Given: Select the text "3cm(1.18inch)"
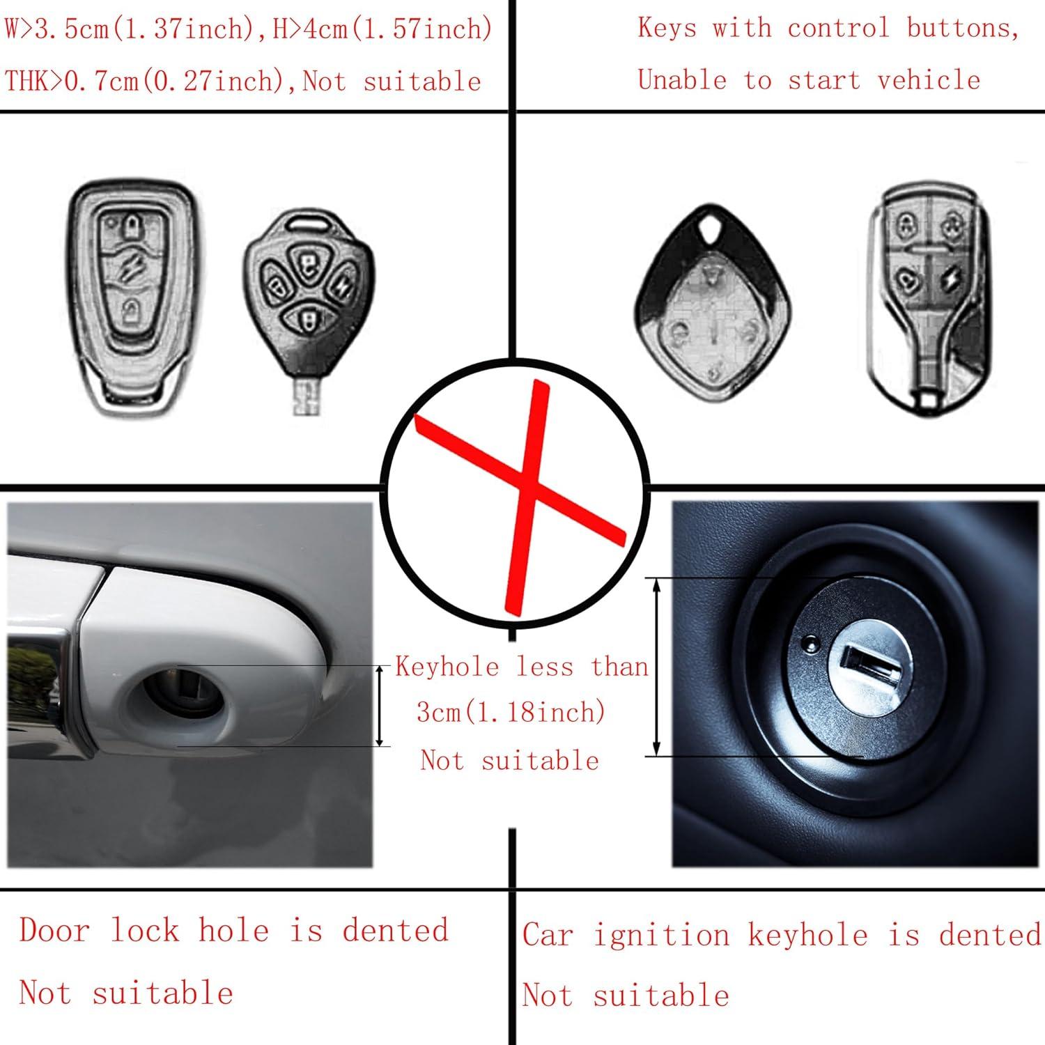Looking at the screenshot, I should [x=511, y=712].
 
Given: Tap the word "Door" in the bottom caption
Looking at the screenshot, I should [x=54, y=931].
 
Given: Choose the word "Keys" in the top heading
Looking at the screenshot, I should [x=667, y=28].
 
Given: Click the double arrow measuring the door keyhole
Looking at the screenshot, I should [x=380, y=706].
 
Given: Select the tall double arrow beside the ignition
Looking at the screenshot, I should [x=656, y=667].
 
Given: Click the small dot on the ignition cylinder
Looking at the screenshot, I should [x=809, y=641].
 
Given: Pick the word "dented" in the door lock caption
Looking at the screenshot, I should [x=395, y=931].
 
